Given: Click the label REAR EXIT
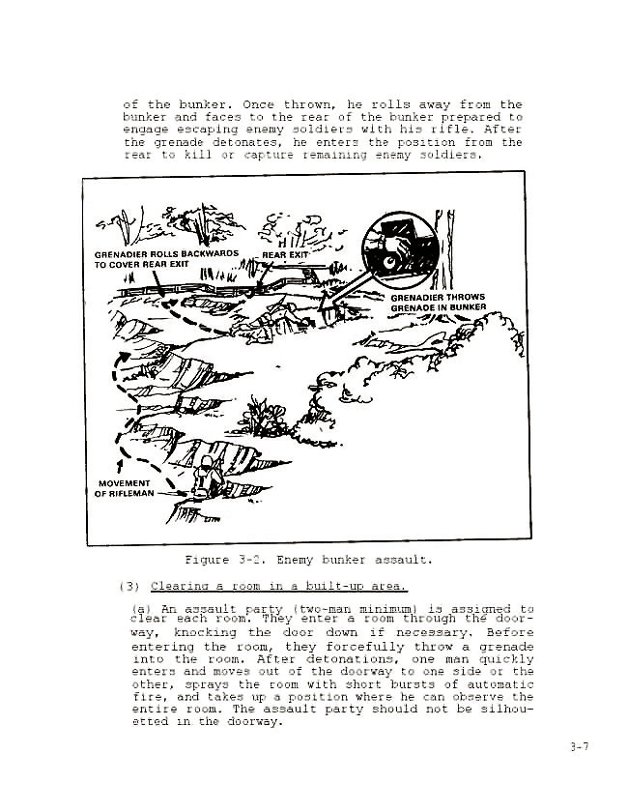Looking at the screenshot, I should click(x=285, y=254).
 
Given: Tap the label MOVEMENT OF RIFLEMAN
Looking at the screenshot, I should click(x=124, y=488).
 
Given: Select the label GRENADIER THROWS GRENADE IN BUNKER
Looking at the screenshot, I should click(x=438, y=303).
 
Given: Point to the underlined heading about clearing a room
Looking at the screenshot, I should click(x=279, y=586).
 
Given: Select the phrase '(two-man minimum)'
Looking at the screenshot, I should click(x=334, y=609).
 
